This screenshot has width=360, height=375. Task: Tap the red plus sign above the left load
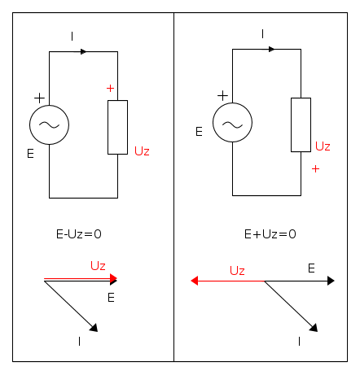coord(110,88)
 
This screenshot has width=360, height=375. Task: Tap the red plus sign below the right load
coord(315,169)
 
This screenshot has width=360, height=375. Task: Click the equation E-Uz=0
coord(79,234)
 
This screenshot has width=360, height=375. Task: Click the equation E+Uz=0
coord(270,234)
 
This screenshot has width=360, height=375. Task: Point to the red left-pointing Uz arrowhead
coord(195,281)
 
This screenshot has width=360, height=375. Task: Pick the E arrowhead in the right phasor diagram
coord(331,281)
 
